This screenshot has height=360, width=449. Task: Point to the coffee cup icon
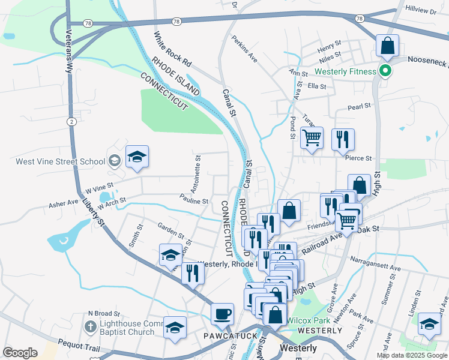point(222,313)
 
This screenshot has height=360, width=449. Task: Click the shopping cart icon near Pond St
point(312,138)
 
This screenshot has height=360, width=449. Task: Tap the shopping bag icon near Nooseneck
point(388,46)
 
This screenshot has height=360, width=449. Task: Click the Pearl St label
point(361,109)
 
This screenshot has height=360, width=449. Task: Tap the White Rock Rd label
point(172,49)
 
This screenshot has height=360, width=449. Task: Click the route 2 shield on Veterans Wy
point(71,122)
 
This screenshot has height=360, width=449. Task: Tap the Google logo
point(20,352)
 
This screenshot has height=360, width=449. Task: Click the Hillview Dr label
point(421,11)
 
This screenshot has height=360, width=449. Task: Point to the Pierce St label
point(359,158)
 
